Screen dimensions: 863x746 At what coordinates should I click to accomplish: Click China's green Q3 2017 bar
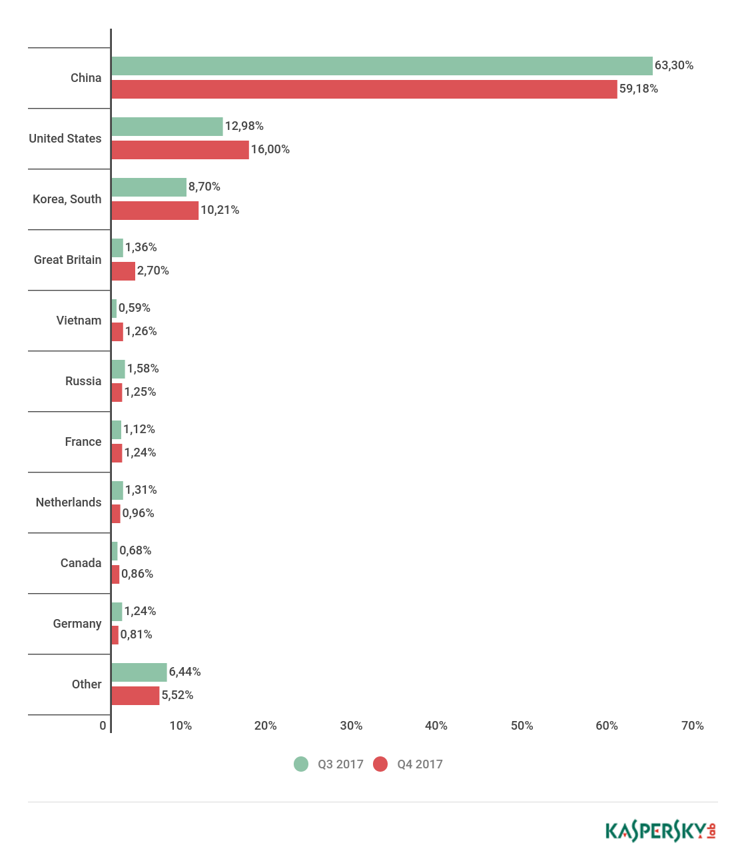tap(382, 66)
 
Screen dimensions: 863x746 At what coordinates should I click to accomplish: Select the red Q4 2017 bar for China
tap(364, 89)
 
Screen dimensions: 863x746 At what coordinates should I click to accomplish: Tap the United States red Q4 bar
tap(180, 150)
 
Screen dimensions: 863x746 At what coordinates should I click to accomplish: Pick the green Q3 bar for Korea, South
tap(149, 187)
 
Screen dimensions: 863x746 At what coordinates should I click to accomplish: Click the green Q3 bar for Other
tap(139, 672)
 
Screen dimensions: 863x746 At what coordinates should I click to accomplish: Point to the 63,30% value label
tap(673, 65)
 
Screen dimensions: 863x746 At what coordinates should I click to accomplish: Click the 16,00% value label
tap(270, 149)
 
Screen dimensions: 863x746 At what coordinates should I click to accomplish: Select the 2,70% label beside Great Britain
tap(153, 271)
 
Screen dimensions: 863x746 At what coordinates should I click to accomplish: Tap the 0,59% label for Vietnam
tap(134, 308)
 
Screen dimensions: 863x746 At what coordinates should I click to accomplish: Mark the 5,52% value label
tap(177, 695)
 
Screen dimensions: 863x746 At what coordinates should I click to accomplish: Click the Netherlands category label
tap(69, 502)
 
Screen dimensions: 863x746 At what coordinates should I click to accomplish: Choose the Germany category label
tap(77, 624)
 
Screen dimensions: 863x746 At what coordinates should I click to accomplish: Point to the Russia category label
tap(83, 381)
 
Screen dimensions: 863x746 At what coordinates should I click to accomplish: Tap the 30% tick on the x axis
tap(351, 726)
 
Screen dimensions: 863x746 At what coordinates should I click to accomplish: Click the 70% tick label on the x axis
tap(692, 726)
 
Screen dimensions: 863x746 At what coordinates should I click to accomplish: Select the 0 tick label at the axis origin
tap(103, 726)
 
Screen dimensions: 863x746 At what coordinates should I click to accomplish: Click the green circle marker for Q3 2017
tap(301, 764)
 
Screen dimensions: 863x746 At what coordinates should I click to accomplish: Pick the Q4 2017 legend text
tap(420, 764)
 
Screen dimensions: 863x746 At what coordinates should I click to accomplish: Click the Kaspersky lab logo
tap(660, 831)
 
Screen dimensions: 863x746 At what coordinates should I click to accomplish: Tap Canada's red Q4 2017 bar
tap(115, 574)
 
